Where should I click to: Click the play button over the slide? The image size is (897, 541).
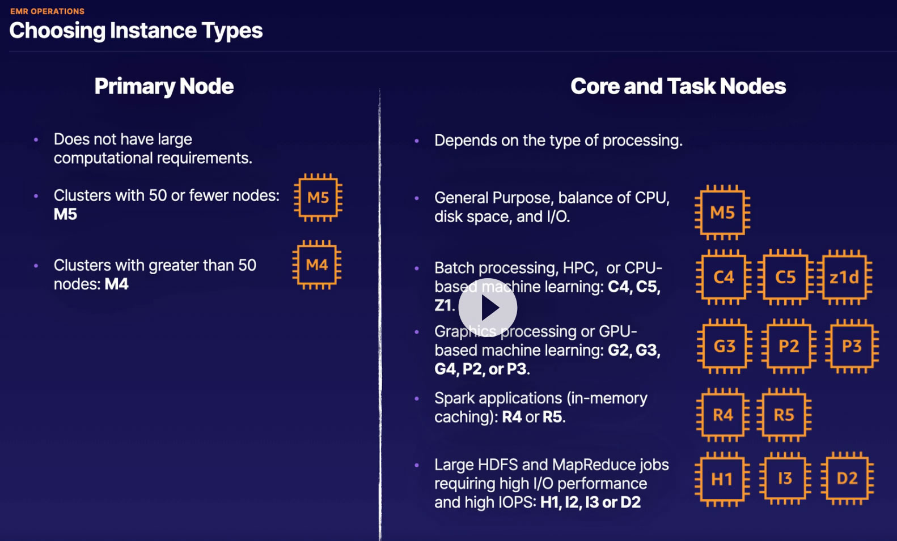pos(488,308)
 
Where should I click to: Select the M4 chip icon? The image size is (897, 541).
pos(317,265)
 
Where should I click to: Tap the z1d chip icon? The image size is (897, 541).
pos(844,277)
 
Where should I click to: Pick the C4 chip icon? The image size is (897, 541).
pos(723,277)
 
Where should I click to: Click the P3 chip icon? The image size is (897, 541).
pos(852,346)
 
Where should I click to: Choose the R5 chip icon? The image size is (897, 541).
pos(784,415)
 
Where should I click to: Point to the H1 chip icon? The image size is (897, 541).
pos(722,479)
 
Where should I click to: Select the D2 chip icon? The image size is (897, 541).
pos(847,479)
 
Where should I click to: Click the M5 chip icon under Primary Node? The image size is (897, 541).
pos(318,198)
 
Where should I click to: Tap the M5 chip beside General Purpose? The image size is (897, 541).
pos(722,212)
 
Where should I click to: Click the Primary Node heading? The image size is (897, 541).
pos(164,86)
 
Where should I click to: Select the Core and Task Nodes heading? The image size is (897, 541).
pos(678,86)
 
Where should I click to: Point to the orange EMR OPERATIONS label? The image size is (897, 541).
pos(47,11)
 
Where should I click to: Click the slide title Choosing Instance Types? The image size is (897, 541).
pos(136,31)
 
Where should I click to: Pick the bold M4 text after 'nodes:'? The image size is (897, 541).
pos(117,284)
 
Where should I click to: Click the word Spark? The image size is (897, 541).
pos(455,398)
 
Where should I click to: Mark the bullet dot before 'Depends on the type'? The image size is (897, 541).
pos(417,140)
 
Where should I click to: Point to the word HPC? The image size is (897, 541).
pos(579,268)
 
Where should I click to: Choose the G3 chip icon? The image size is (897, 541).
pos(724,346)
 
